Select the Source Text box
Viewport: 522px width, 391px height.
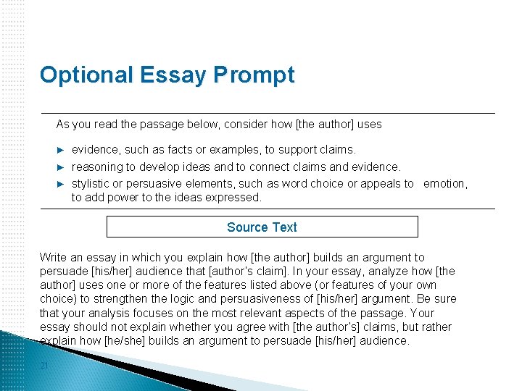262,227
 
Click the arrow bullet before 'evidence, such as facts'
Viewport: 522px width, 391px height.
61,150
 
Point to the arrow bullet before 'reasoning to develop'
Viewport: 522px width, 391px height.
61,167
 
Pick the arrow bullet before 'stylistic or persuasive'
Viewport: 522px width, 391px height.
61,184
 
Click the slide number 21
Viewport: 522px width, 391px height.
44,366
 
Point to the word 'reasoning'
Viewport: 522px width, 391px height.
97,167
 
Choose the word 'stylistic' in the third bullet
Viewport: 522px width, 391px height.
92,183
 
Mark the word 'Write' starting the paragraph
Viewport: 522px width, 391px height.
53,257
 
